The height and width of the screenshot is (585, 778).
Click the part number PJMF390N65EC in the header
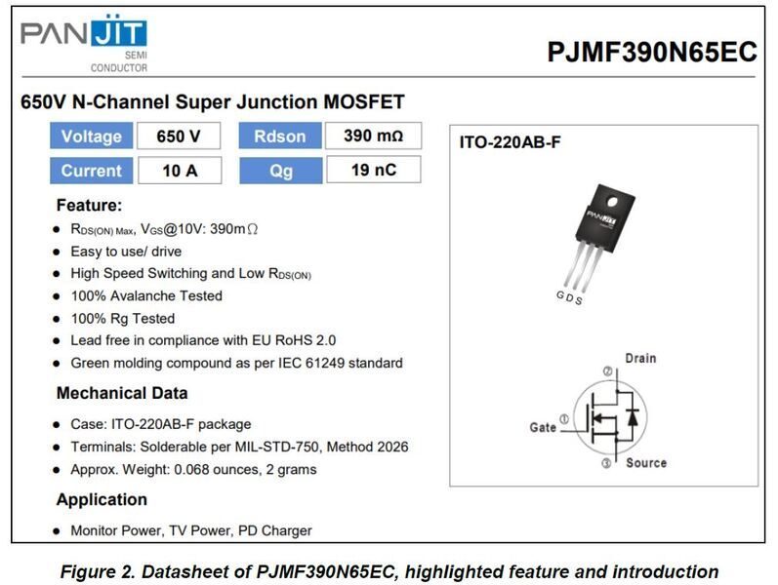[x=652, y=53]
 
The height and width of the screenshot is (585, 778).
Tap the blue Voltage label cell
[x=91, y=136]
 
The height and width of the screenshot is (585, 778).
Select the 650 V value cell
[x=179, y=136]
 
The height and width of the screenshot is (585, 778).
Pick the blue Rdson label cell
[x=279, y=136]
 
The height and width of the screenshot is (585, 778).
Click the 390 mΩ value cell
[x=373, y=136]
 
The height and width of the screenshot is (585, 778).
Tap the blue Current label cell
[x=91, y=171]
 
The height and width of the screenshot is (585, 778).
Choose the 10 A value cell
[x=179, y=171]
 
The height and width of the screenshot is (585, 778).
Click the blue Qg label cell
[x=279, y=171]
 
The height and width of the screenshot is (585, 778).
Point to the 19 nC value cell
[x=373, y=171]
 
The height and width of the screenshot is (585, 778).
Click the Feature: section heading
[x=89, y=206]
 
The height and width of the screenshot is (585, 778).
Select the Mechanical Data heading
[x=122, y=394]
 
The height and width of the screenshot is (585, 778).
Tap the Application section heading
[x=102, y=499]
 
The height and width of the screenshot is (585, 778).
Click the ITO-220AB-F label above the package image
[x=510, y=142]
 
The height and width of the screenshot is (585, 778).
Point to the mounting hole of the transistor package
[x=614, y=203]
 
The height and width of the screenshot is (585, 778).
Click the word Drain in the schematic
[x=640, y=359]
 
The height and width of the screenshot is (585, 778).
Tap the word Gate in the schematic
[x=543, y=427]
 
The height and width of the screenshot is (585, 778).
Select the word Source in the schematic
[x=645, y=462]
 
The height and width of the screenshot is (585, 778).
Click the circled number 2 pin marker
[x=606, y=371]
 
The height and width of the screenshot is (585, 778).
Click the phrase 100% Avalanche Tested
[x=146, y=295]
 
